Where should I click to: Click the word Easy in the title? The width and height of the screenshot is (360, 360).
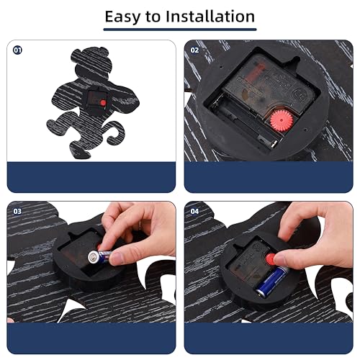tap(122, 17)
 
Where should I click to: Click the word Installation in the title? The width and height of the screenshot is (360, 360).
tap(210, 17)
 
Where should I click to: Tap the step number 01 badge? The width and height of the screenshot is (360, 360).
tap(17, 50)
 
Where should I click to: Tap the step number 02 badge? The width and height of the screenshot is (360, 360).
tap(194, 50)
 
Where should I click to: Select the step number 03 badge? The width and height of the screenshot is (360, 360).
tap(17, 211)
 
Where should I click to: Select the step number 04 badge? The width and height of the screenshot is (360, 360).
tap(194, 211)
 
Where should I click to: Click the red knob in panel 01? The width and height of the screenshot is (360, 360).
tap(103, 103)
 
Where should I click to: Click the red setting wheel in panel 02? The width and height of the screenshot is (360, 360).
tap(282, 120)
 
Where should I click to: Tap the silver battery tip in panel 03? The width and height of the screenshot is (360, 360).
tap(93, 257)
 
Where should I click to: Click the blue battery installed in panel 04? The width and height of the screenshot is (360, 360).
tap(272, 281)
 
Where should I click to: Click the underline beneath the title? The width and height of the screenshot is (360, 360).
tap(180, 30)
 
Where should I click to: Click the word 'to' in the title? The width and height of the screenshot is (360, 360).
tap(153, 17)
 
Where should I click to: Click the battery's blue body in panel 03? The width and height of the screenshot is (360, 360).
tap(105, 256)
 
